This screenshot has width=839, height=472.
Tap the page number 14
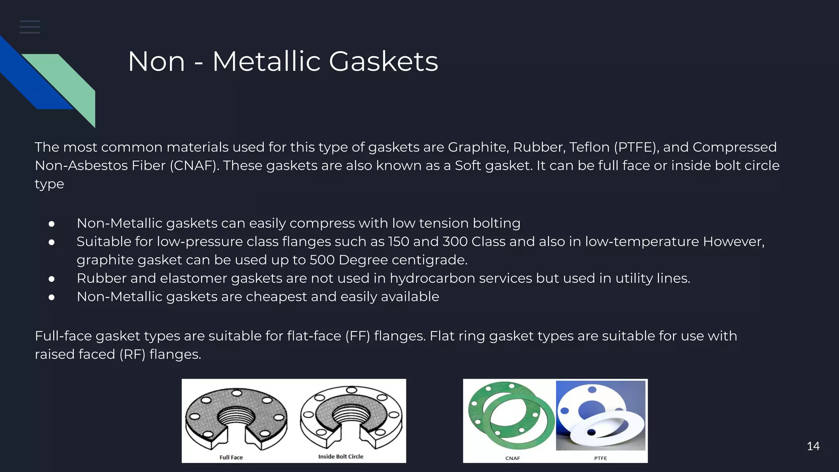[x=813, y=446]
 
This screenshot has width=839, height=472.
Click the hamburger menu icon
[x=29, y=27]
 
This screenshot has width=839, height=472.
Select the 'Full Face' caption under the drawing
[x=231, y=457]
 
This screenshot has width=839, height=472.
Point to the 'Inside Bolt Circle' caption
[x=340, y=456]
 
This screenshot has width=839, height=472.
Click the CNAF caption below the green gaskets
[x=512, y=458]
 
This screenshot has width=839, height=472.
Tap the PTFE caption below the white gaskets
[x=600, y=458]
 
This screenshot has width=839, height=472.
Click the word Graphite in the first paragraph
[x=478, y=147]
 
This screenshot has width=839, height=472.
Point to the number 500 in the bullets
[x=322, y=260]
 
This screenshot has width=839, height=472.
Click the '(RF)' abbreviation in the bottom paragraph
[x=132, y=354]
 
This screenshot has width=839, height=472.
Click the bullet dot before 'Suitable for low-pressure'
[x=52, y=242]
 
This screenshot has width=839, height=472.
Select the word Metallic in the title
[x=266, y=62]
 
